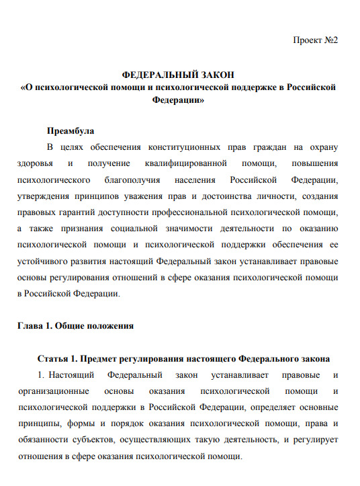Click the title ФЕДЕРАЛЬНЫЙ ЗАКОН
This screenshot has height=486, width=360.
179,75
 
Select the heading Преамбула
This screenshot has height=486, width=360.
70,130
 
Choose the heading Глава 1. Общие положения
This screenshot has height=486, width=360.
75,325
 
